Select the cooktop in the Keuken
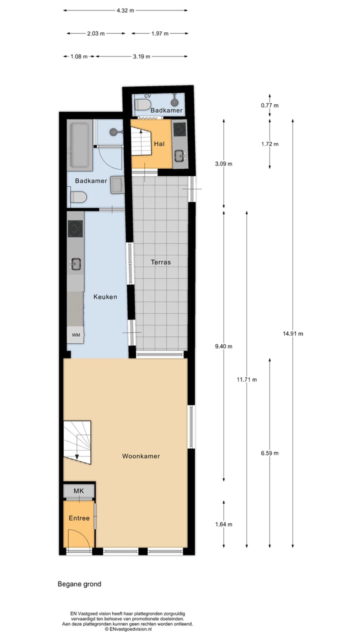click(75, 229)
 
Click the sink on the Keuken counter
click(76, 263)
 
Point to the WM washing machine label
click(76, 334)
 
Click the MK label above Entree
click(78, 491)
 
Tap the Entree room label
click(79, 518)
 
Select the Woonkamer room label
click(141, 456)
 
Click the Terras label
click(160, 262)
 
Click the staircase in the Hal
click(141, 141)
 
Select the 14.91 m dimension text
click(292, 333)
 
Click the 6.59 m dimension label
click(269, 453)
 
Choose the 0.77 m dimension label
click(270, 105)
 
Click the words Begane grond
click(79, 584)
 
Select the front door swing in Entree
click(82, 542)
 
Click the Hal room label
click(159, 143)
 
